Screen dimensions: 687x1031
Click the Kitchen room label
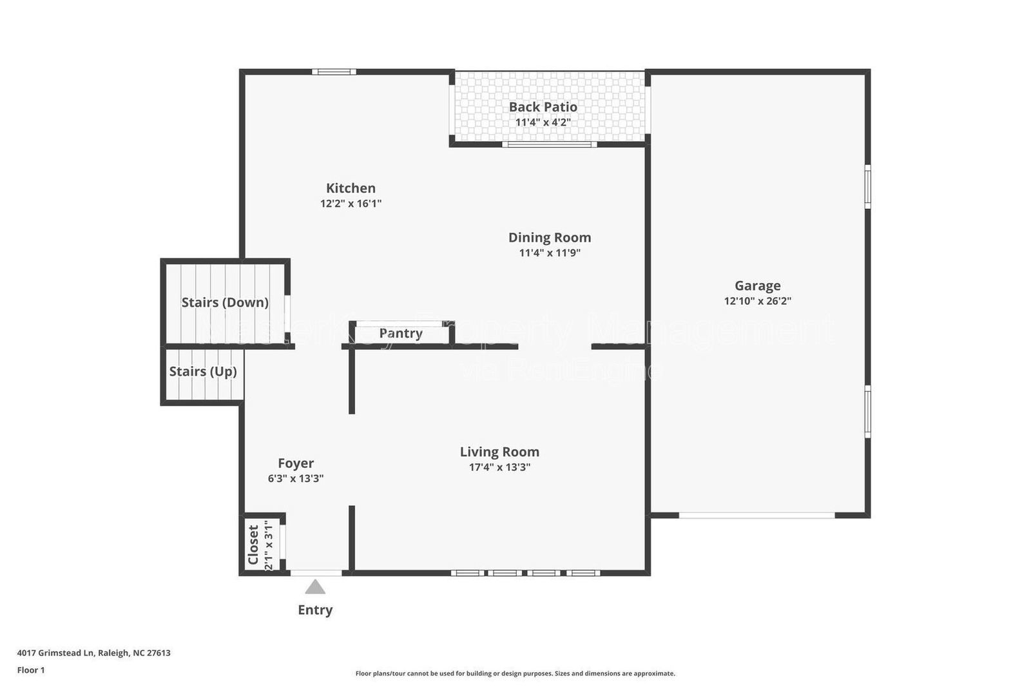pos(351,188)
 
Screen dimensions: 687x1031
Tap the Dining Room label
pos(549,238)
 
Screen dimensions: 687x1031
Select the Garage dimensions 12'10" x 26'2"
pos(757,301)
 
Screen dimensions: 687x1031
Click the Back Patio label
pos(543,107)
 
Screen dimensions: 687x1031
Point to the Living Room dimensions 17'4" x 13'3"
pos(499,467)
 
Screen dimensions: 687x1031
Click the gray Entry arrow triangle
pos(315,587)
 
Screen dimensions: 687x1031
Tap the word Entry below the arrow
pos(315,610)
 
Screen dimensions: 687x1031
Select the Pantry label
pos(401,333)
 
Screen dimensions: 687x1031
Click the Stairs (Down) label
pos(225,302)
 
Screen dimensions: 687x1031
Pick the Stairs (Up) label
pos(203,371)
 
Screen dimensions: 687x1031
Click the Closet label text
pos(253,545)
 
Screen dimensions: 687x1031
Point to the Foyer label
pos(296,463)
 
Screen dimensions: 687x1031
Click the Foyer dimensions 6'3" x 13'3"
pos(296,479)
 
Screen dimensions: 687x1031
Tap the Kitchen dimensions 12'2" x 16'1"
pos(351,204)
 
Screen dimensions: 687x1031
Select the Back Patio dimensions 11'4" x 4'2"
pos(543,122)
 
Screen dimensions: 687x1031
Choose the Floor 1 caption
pos(31,670)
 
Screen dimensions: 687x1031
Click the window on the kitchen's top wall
pos(334,72)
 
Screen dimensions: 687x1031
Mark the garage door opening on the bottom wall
pos(757,516)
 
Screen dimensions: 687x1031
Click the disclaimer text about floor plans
pos(515,673)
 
